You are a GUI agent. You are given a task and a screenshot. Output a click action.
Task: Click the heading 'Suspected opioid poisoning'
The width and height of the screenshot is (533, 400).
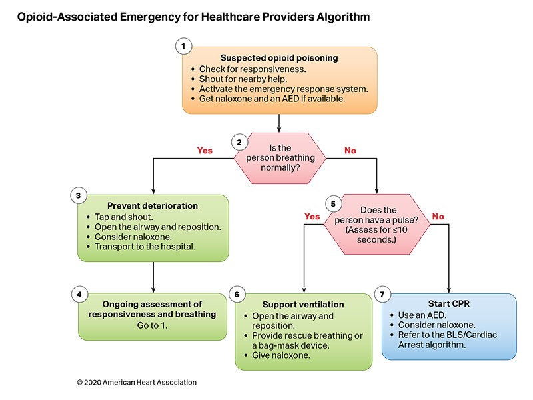(280, 58)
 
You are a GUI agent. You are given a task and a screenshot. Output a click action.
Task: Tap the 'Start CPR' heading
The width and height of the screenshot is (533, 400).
(449, 304)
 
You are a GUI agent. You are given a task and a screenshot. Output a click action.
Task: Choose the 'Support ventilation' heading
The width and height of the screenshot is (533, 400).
(302, 304)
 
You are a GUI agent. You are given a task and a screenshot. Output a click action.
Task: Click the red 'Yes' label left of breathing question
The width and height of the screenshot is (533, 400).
(205, 151)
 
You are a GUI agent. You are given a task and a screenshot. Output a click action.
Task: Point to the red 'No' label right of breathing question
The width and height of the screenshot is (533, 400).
(350, 151)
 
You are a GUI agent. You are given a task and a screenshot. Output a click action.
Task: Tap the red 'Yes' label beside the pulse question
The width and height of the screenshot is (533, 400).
(312, 217)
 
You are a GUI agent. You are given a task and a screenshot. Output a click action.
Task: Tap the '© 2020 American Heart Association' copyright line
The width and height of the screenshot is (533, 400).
(137, 383)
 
